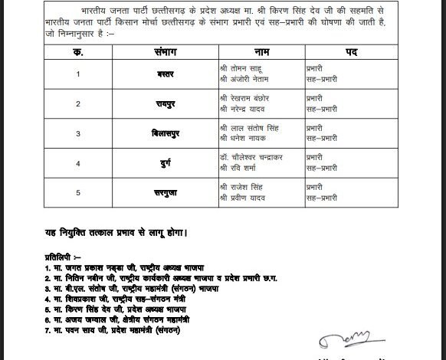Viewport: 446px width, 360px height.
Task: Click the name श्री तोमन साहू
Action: tap(241, 69)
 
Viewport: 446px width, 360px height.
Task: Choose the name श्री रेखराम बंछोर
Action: tap(244, 98)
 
